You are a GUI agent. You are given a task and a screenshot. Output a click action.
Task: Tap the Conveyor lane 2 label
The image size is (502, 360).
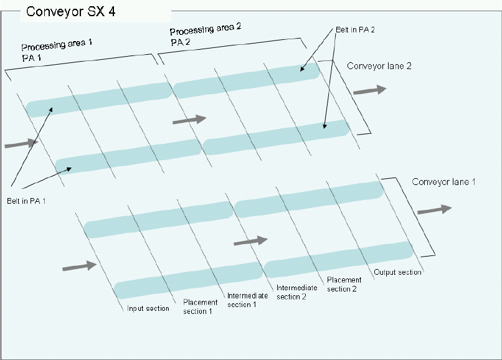pos(379,65)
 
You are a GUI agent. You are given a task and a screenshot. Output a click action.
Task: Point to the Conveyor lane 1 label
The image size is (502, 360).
pos(444,182)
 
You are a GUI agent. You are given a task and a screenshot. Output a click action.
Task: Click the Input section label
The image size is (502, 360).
pos(148,308)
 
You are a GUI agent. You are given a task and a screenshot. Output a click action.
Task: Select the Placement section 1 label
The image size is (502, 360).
pos(201,306)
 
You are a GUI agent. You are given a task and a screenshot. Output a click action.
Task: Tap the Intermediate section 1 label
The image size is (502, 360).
pos(242,300)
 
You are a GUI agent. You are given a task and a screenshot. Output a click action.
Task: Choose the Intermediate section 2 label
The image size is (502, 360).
pos(291,292)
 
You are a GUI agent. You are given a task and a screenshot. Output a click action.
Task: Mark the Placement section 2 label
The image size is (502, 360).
pos(344,284)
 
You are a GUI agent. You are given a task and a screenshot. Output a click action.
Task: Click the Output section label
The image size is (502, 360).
pos(397,272)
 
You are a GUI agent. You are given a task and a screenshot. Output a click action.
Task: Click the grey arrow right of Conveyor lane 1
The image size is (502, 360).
pos(434,210)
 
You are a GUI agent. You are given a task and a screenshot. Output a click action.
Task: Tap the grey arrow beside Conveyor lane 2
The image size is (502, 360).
pos(369,90)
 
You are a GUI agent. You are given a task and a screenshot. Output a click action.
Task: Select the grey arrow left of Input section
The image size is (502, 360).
pos(80,267)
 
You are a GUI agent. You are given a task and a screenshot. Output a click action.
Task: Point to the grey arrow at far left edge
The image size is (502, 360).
pos(21,144)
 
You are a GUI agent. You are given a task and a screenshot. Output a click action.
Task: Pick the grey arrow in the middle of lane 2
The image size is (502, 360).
pos(189,119)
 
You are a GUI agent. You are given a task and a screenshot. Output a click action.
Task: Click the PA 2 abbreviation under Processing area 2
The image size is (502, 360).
pos(181,42)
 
